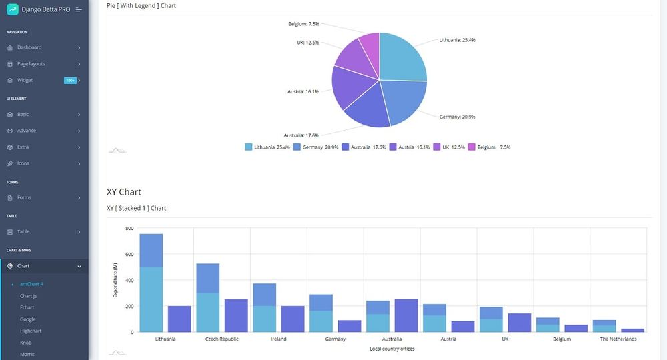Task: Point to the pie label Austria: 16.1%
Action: tap(303, 91)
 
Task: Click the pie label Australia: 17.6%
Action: tap(301, 135)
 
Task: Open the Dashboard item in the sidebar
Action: tap(29, 47)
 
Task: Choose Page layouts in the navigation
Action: tap(31, 64)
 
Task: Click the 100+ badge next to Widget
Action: tap(69, 81)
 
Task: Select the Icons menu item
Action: tap(23, 163)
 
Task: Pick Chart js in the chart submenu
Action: tap(28, 296)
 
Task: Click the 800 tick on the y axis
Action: tap(129, 228)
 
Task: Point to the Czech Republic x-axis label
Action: tap(221, 339)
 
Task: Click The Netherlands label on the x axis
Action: tap(618, 339)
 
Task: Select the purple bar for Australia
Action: tap(406, 315)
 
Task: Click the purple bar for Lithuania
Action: tap(179, 319)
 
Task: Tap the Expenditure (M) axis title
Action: tap(115, 280)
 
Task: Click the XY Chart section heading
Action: tap(124, 192)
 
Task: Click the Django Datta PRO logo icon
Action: tap(12, 9)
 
